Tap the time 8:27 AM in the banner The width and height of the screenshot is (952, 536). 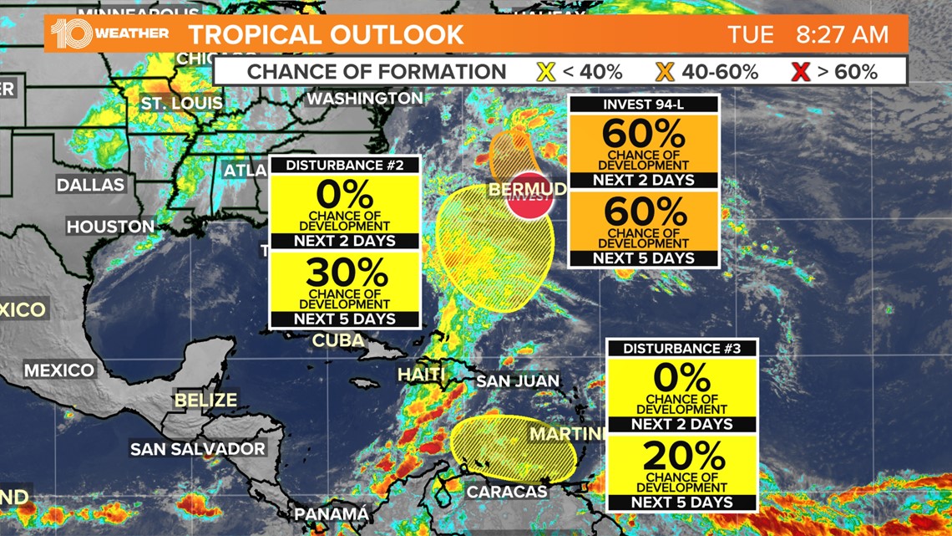[841, 34]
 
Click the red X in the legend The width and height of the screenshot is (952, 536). [801, 72]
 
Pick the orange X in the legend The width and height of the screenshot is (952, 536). [665, 72]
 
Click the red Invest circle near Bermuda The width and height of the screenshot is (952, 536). [532, 198]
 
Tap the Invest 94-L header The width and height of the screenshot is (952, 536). [643, 105]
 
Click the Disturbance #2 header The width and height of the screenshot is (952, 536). [345, 165]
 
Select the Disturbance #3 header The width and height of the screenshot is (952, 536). [682, 348]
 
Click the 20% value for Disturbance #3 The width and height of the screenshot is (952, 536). [682, 456]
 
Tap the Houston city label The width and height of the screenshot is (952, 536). [111, 227]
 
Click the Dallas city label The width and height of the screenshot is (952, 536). [90, 185]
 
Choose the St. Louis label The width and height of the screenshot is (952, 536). [181, 104]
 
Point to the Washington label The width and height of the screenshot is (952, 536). [365, 99]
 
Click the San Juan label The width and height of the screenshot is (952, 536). [515, 381]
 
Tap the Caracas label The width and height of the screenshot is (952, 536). [506, 492]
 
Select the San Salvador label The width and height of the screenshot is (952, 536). [198, 449]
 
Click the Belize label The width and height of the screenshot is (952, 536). [205, 401]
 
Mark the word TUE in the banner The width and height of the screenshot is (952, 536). [746, 34]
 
